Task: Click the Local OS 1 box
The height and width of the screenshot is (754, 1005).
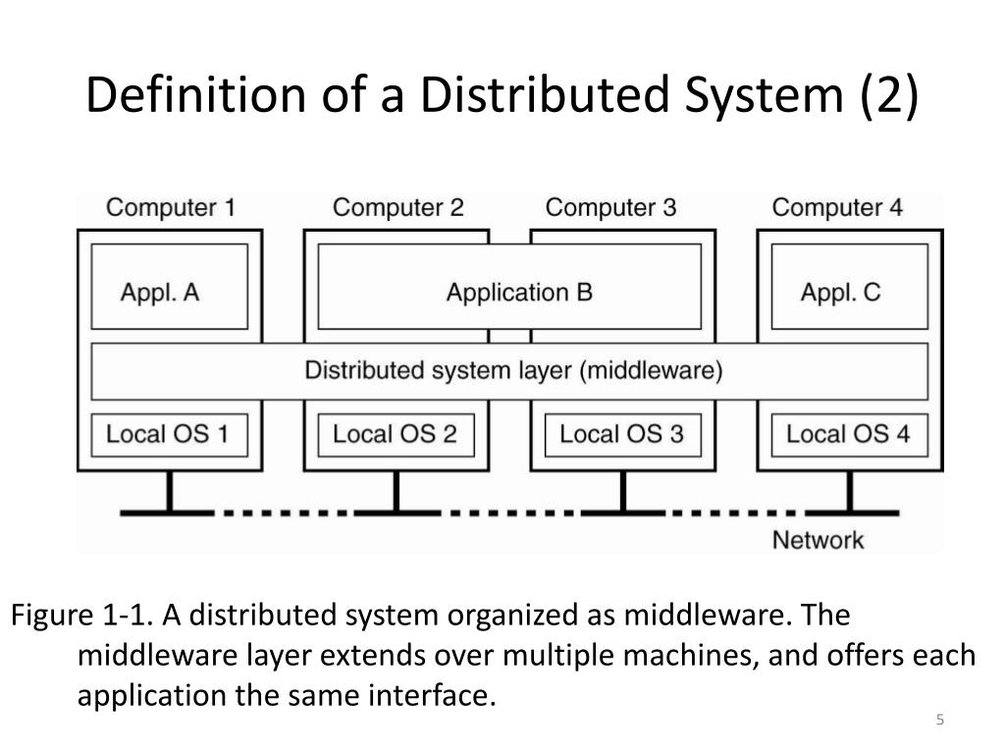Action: (169, 434)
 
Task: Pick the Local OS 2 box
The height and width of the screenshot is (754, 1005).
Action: (396, 434)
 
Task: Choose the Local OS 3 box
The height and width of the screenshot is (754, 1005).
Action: (622, 434)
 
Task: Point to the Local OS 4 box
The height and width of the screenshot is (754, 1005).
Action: (849, 434)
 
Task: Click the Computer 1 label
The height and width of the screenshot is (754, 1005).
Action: (170, 208)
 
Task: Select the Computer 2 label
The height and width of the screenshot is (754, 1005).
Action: (397, 208)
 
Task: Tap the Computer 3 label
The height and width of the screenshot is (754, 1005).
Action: (610, 208)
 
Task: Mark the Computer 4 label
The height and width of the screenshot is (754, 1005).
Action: (837, 208)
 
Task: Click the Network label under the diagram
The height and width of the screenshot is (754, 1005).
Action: (818, 540)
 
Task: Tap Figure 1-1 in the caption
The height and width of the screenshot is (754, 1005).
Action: (80, 616)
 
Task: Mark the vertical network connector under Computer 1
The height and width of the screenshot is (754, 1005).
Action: (170, 492)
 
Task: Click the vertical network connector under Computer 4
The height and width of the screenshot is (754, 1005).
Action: (849, 492)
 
